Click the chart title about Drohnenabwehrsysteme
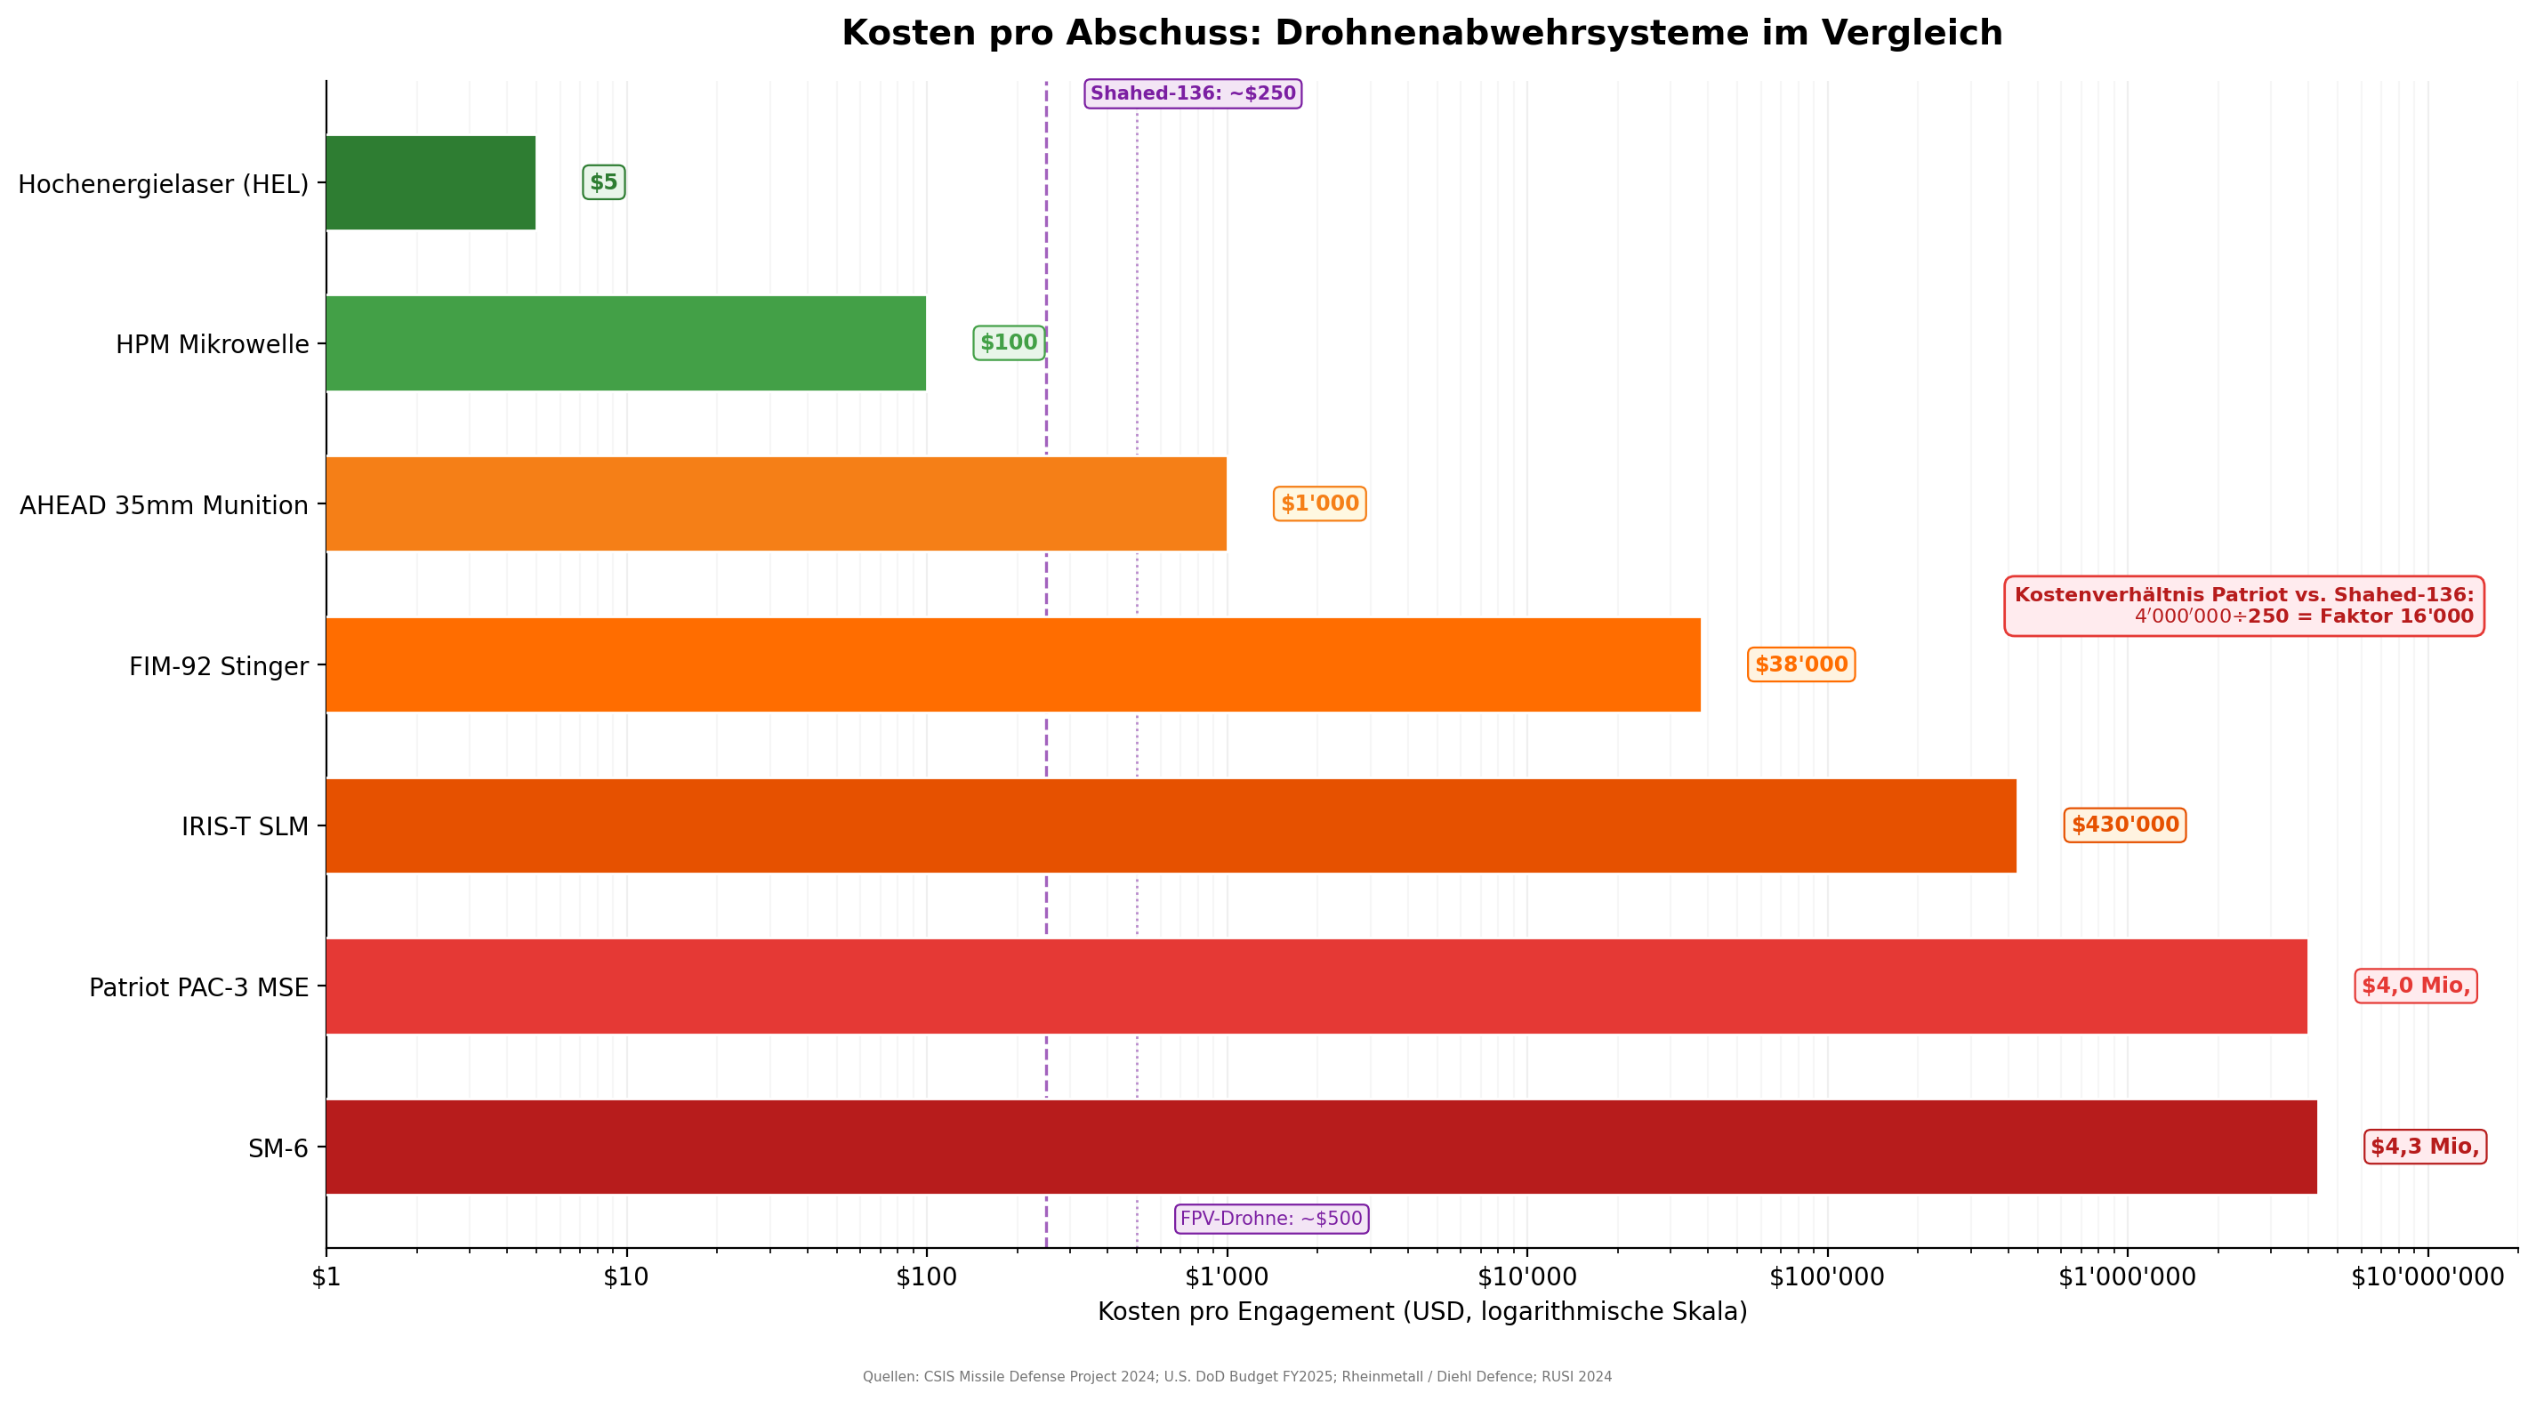pyautogui.click(x=1421, y=34)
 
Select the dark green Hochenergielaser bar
pyautogui.click(x=431, y=183)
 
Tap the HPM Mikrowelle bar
pyautogui.click(x=625, y=343)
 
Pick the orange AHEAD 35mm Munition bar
pyautogui.click(x=776, y=504)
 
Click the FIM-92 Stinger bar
pyautogui.click(x=1012, y=665)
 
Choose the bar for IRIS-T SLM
pyautogui.click(x=1171, y=826)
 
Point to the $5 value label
pyautogui.click(x=603, y=183)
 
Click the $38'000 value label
pyautogui.click(x=1800, y=665)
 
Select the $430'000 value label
pyautogui.click(x=2124, y=825)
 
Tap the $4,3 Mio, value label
pyautogui.click(x=2424, y=1147)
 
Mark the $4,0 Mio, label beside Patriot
pyautogui.click(x=2415, y=986)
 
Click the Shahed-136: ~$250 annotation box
pyautogui.click(x=1192, y=94)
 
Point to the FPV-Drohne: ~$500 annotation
pyautogui.click(x=1271, y=1219)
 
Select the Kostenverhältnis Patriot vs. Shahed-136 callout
pyautogui.click(x=2243, y=607)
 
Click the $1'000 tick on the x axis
pyautogui.click(x=1227, y=1278)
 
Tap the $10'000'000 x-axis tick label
pyautogui.click(x=2427, y=1278)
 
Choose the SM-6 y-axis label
pyautogui.click(x=278, y=1149)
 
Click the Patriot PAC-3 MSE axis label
pyautogui.click(x=199, y=987)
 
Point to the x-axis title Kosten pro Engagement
pyautogui.click(x=1421, y=1312)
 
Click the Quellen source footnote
pyautogui.click(x=1236, y=1377)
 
